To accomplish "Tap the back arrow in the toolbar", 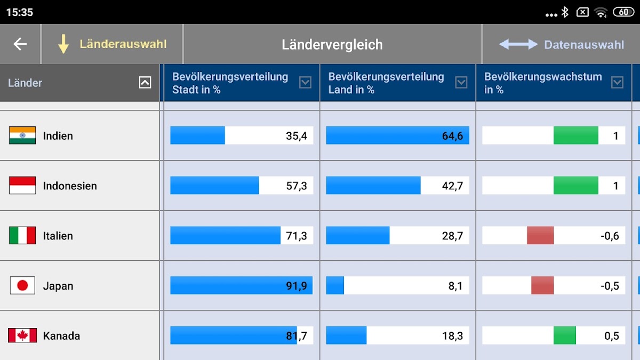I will click(x=20, y=44).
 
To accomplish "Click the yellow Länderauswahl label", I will click(x=123, y=44).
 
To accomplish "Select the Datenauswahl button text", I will click(x=584, y=45).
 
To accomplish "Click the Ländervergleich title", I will click(x=332, y=45).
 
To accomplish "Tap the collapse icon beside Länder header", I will click(x=145, y=82).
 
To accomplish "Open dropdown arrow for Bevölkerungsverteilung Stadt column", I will click(x=305, y=82).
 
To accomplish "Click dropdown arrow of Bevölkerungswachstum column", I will click(x=617, y=82).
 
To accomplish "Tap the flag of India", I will click(x=22, y=135).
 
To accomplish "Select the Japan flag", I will click(x=22, y=286).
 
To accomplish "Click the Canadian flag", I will click(x=22, y=335).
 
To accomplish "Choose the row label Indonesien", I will click(x=70, y=186).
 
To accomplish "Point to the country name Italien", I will click(x=58, y=236).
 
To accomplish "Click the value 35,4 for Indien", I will click(x=297, y=136).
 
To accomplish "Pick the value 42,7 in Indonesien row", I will click(x=452, y=186).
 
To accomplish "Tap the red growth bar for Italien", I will click(x=540, y=236).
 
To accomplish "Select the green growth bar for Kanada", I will click(x=565, y=335).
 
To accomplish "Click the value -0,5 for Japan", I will click(x=610, y=286).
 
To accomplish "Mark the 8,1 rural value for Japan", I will click(x=455, y=286).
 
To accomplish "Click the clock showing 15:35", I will click(x=20, y=12).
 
